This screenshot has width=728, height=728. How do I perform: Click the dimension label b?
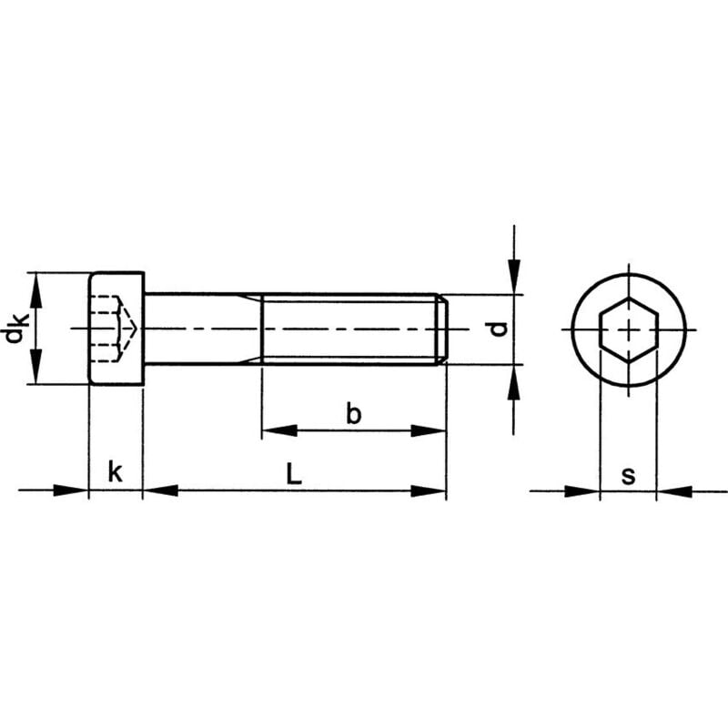point(354,414)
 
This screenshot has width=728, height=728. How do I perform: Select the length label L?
point(292,473)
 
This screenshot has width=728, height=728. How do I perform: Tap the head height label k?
point(115,472)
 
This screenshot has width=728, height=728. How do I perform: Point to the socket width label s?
point(628,474)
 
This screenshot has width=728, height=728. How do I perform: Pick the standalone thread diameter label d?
point(498,329)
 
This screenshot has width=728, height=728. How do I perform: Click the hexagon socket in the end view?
point(628,329)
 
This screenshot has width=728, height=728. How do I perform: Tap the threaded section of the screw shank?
point(350,329)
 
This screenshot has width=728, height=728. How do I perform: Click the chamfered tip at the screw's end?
point(442,329)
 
